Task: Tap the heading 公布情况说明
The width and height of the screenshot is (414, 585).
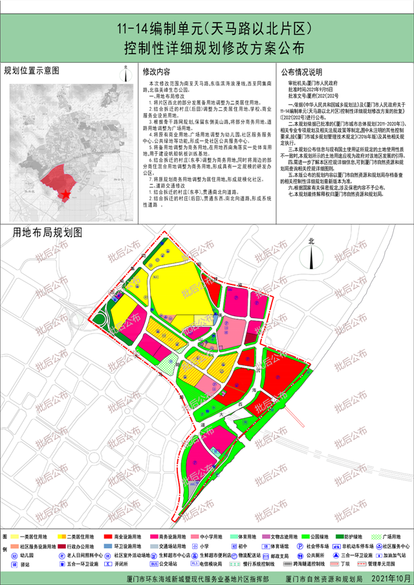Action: [x=300, y=71]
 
